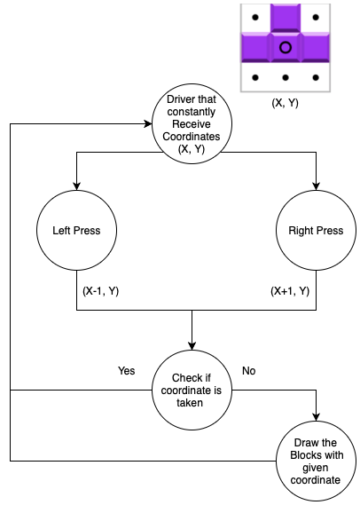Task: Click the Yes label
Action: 127,371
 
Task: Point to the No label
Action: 248,371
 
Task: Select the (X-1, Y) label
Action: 101,291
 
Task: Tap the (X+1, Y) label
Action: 290,291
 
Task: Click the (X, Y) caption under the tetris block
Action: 285,103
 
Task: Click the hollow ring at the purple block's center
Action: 286,43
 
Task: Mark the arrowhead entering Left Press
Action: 76,186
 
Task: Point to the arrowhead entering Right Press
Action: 316,186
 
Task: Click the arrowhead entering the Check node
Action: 192,346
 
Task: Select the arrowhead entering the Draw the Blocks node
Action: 316,417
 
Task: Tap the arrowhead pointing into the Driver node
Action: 148,123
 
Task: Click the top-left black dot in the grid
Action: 255,17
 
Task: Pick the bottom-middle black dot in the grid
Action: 286,77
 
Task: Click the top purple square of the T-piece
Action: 286,18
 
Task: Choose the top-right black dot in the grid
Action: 316,17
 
